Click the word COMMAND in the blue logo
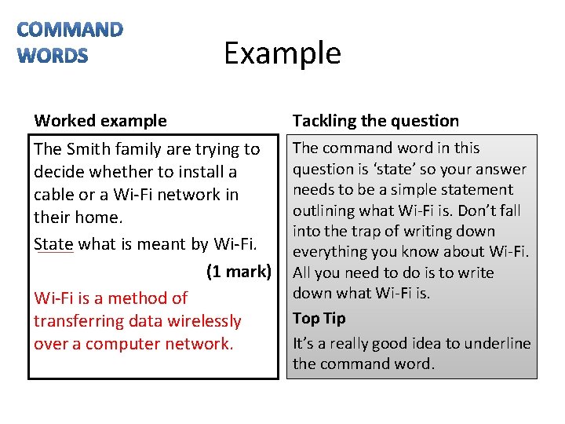click(70, 30)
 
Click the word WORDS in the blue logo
click(53, 56)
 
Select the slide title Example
click(282, 53)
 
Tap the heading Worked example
click(100, 121)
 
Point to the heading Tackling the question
click(375, 121)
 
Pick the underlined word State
click(53, 244)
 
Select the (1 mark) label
click(239, 272)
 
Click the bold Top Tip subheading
click(319, 318)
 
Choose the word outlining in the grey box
click(324, 210)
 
